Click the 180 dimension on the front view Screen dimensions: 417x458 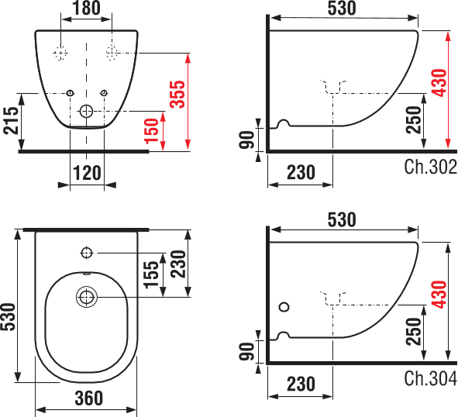[85, 9]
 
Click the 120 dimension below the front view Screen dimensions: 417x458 [86, 173]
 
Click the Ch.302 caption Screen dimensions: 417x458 [430, 166]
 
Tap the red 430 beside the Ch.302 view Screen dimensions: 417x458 [439, 81]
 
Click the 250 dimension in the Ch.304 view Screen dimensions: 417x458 [413, 330]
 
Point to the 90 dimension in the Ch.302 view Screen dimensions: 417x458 [246, 140]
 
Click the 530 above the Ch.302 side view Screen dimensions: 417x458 [341, 9]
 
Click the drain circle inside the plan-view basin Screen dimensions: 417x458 [86, 296]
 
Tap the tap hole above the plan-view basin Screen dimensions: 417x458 [86, 253]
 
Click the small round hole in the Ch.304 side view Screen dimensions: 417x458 [284, 308]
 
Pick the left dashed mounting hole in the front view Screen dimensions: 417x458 [60, 53]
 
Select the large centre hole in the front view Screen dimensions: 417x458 [86, 111]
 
